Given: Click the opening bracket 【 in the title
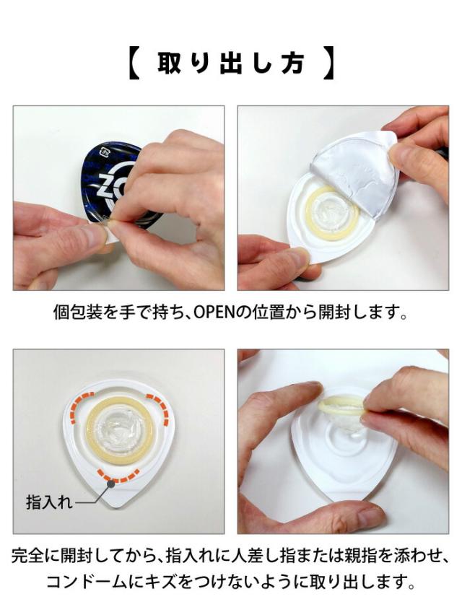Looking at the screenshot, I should click(135, 64).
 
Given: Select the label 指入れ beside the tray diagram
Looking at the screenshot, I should click(48, 502).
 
